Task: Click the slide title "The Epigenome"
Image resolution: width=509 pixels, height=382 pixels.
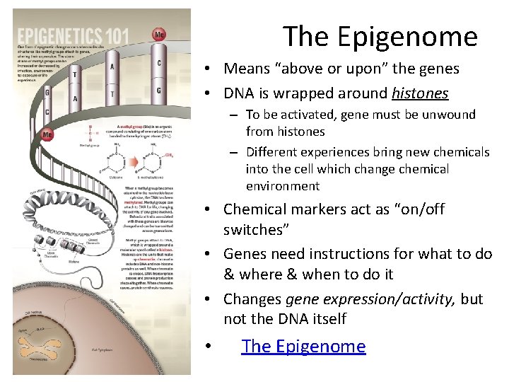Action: coord(380,36)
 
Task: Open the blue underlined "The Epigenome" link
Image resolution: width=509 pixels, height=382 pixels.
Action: coord(303,346)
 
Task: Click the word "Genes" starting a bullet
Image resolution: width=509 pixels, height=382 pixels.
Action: coord(245,253)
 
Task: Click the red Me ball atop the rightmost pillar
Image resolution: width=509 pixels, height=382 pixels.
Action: coord(160,33)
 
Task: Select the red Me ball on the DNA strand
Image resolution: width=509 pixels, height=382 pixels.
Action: coord(48,134)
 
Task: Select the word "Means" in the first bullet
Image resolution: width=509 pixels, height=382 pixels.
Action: coord(245,69)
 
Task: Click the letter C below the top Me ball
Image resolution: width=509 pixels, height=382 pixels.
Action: coord(159,63)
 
